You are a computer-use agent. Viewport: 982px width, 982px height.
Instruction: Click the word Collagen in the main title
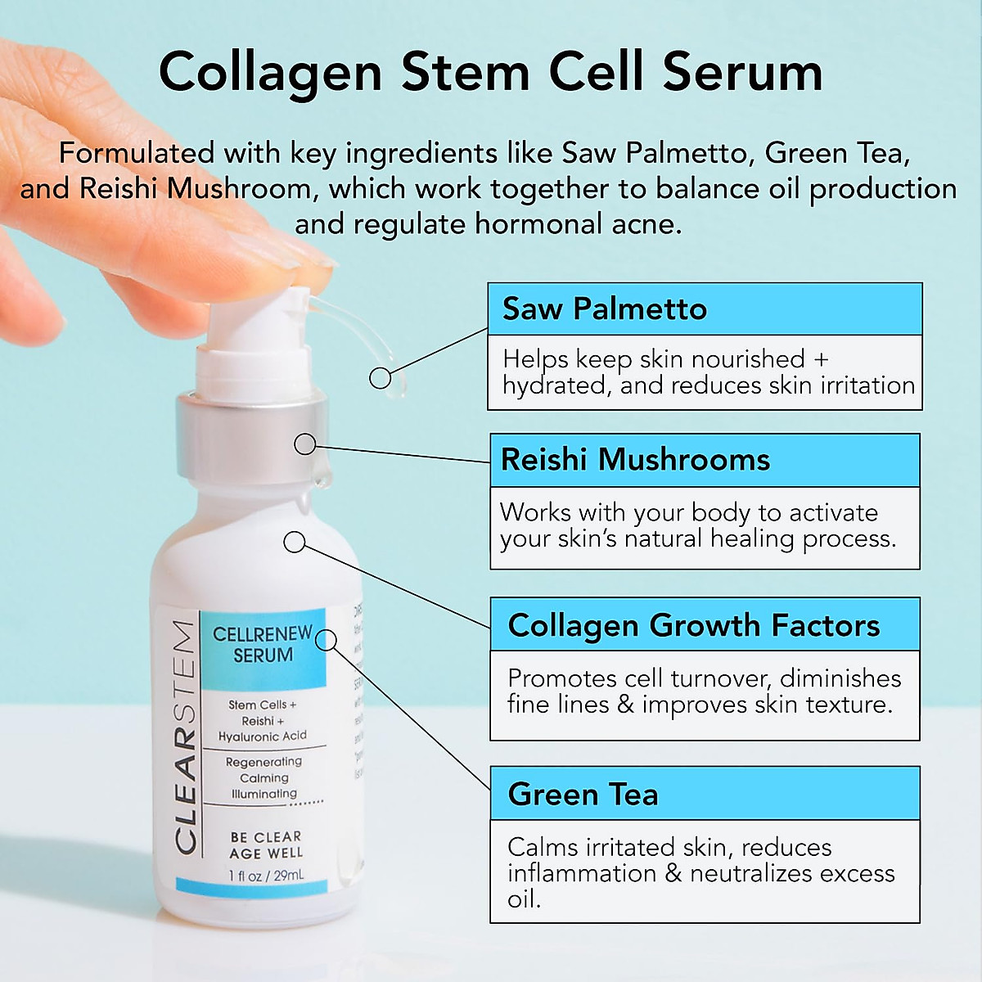coord(270,73)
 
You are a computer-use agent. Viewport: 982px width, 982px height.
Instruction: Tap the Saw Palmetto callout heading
coord(604,309)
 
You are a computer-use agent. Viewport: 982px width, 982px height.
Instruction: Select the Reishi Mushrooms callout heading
coord(635,460)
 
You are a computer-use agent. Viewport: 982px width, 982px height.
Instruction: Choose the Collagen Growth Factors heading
coord(693,625)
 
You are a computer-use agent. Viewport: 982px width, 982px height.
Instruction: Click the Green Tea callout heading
coord(583,795)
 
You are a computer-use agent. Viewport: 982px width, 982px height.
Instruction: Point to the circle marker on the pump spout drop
coord(380,377)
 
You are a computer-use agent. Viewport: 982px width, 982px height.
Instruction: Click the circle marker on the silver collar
coord(304,444)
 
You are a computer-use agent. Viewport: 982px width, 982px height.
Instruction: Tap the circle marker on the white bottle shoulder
coord(294,542)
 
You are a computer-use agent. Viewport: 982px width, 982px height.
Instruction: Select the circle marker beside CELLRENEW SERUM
coord(326,640)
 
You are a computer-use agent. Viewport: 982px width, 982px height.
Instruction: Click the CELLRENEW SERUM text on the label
coord(263,644)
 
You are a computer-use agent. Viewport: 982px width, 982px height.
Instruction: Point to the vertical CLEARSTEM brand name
coord(185,736)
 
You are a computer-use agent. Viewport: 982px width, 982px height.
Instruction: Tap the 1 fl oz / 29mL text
coord(266,876)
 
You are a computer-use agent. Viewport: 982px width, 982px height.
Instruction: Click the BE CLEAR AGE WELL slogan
coord(266,845)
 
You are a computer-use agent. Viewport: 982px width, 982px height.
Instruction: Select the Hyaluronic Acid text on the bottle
coord(263,736)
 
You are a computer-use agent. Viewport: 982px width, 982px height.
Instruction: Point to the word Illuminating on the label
coord(264,794)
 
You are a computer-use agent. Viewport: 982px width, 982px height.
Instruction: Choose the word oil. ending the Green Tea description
coord(524,899)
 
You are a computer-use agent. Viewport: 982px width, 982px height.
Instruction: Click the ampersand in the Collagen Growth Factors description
coord(626,705)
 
